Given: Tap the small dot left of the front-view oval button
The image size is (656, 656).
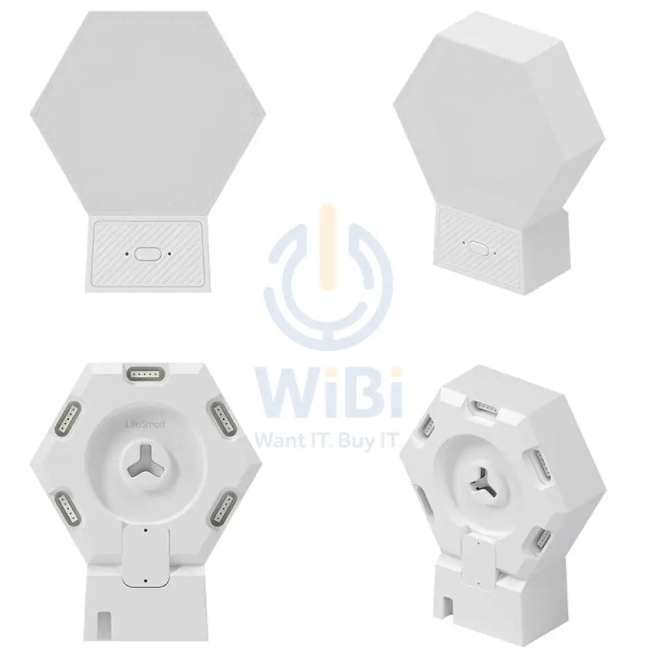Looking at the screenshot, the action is coord(127,253).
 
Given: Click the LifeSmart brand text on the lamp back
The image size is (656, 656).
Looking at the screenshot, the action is coord(145,424).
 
